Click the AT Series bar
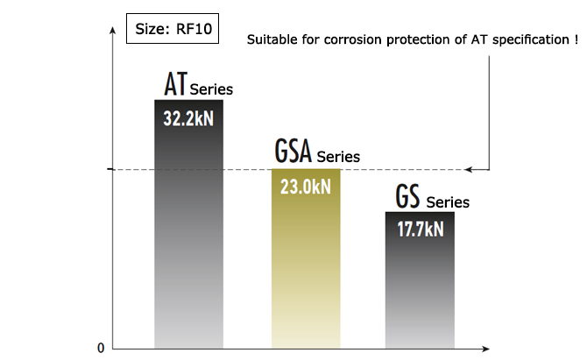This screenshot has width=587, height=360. (188, 236)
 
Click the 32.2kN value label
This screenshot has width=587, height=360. (187, 118)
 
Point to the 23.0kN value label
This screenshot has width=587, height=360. (305, 187)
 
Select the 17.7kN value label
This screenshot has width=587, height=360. (420, 229)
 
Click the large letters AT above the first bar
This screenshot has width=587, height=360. (176, 85)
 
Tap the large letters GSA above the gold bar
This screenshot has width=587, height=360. (293, 152)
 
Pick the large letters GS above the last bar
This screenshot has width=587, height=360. (407, 197)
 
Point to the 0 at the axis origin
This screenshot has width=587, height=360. (101, 348)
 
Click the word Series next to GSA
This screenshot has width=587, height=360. (338, 158)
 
